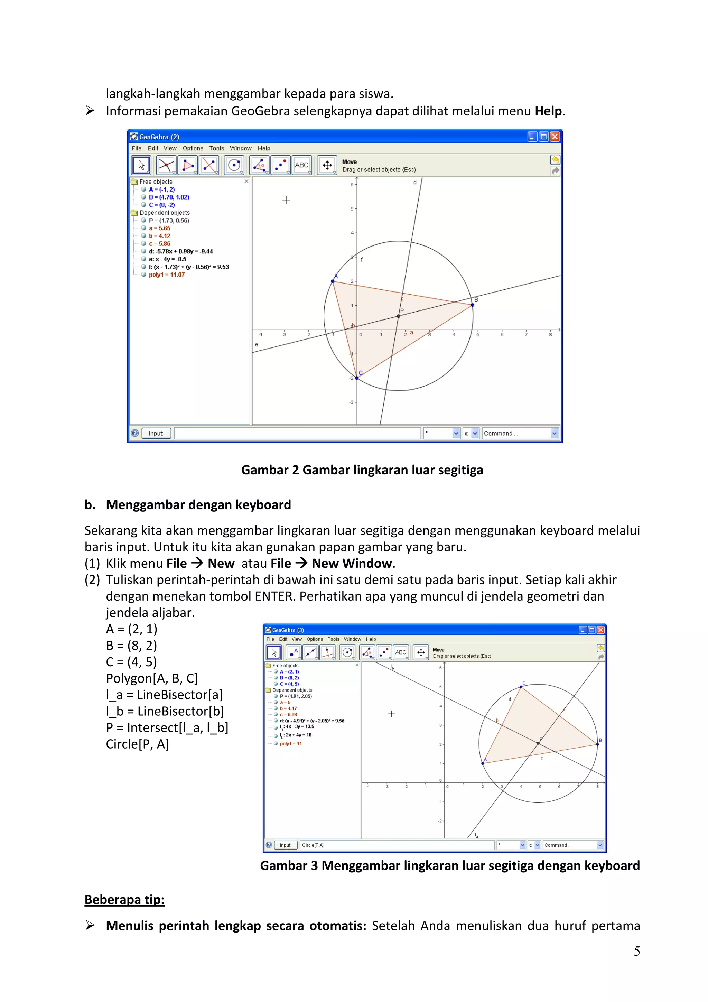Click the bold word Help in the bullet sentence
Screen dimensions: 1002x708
(548, 111)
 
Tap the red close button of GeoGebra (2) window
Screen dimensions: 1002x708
(555, 137)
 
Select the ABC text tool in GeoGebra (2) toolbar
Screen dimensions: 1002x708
(301, 165)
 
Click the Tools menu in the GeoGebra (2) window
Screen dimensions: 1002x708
(216, 148)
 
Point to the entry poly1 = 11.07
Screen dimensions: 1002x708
(167, 275)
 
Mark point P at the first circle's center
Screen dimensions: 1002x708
(398, 316)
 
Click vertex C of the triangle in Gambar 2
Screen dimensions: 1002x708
(357, 378)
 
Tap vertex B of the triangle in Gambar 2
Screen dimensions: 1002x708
(473, 305)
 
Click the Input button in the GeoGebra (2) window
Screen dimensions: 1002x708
(156, 433)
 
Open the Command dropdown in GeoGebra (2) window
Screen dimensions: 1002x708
(554, 433)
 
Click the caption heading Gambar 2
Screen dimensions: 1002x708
(362, 470)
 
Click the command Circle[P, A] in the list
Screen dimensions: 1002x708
(137, 744)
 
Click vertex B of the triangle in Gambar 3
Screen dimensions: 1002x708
(597, 744)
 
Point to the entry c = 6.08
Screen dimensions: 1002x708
(288, 715)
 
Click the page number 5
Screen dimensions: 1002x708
(636, 952)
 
